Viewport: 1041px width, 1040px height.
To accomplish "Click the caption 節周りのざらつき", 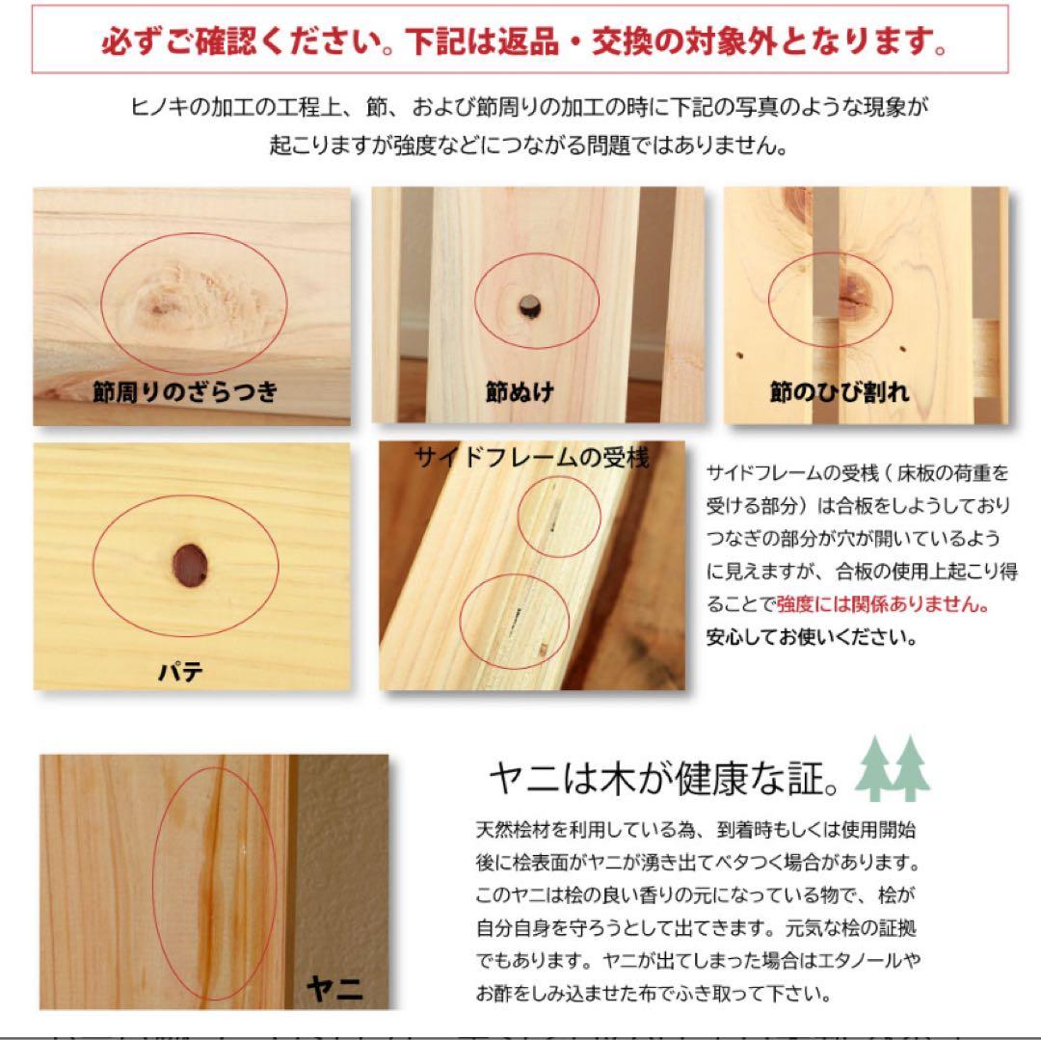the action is coord(185,391).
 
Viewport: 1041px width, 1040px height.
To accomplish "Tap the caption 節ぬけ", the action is coord(520,391).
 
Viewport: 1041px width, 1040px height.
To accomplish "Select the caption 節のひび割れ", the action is coord(840,391).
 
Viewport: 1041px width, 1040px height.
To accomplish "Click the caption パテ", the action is coord(180,673).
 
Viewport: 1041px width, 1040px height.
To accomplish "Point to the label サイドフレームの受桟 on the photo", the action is coord(531,457).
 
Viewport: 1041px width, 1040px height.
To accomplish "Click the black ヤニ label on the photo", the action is coord(334,989).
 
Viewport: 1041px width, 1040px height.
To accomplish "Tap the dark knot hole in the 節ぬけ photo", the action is coord(529,307).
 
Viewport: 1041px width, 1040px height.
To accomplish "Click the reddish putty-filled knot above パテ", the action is coord(190,566).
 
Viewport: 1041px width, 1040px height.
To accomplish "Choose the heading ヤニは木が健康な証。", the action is coord(664,778).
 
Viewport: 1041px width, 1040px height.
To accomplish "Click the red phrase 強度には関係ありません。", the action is coord(883,604).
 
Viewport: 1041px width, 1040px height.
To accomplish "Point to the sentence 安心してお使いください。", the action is coord(812,637).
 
